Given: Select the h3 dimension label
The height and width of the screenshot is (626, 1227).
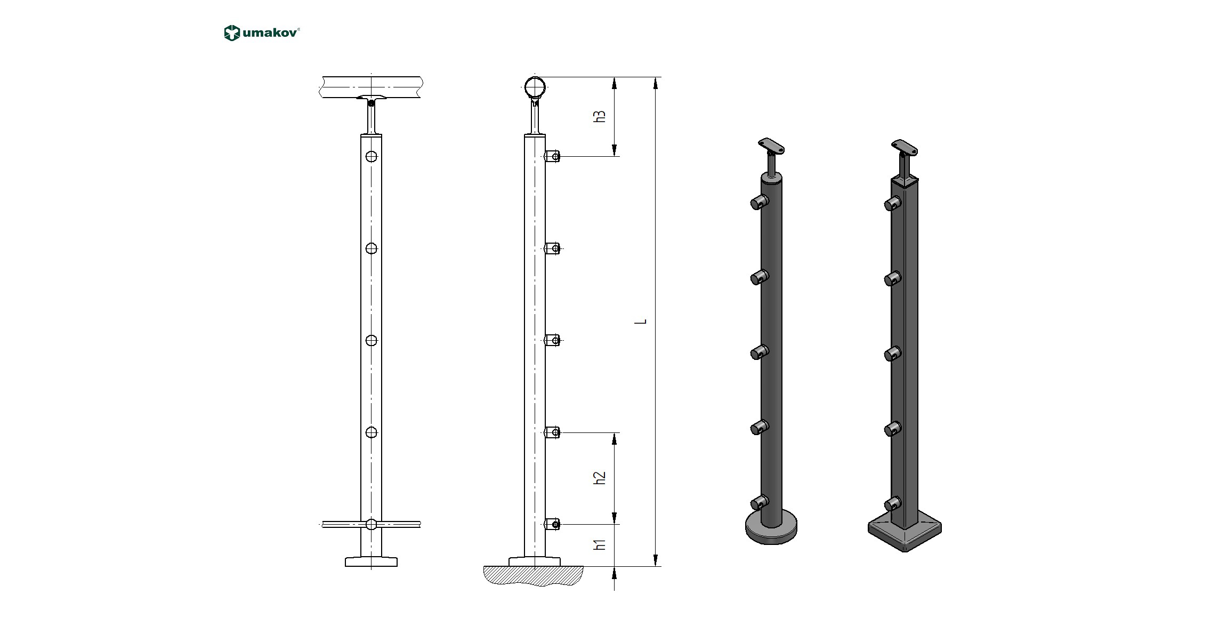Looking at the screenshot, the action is click(600, 117).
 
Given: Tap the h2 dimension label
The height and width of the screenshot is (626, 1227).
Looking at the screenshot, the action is click(600, 478).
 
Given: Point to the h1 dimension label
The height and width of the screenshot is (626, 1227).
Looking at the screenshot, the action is click(600, 544).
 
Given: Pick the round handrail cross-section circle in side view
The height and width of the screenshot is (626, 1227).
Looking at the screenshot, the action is click(535, 87).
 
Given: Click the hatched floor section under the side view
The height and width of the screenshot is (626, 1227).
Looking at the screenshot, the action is click(533, 576).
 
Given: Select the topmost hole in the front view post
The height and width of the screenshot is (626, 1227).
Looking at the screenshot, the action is click(372, 157).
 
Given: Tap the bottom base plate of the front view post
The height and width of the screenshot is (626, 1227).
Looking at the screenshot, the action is click(372, 562).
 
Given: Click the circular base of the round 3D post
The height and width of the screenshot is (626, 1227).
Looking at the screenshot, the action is click(771, 528).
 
